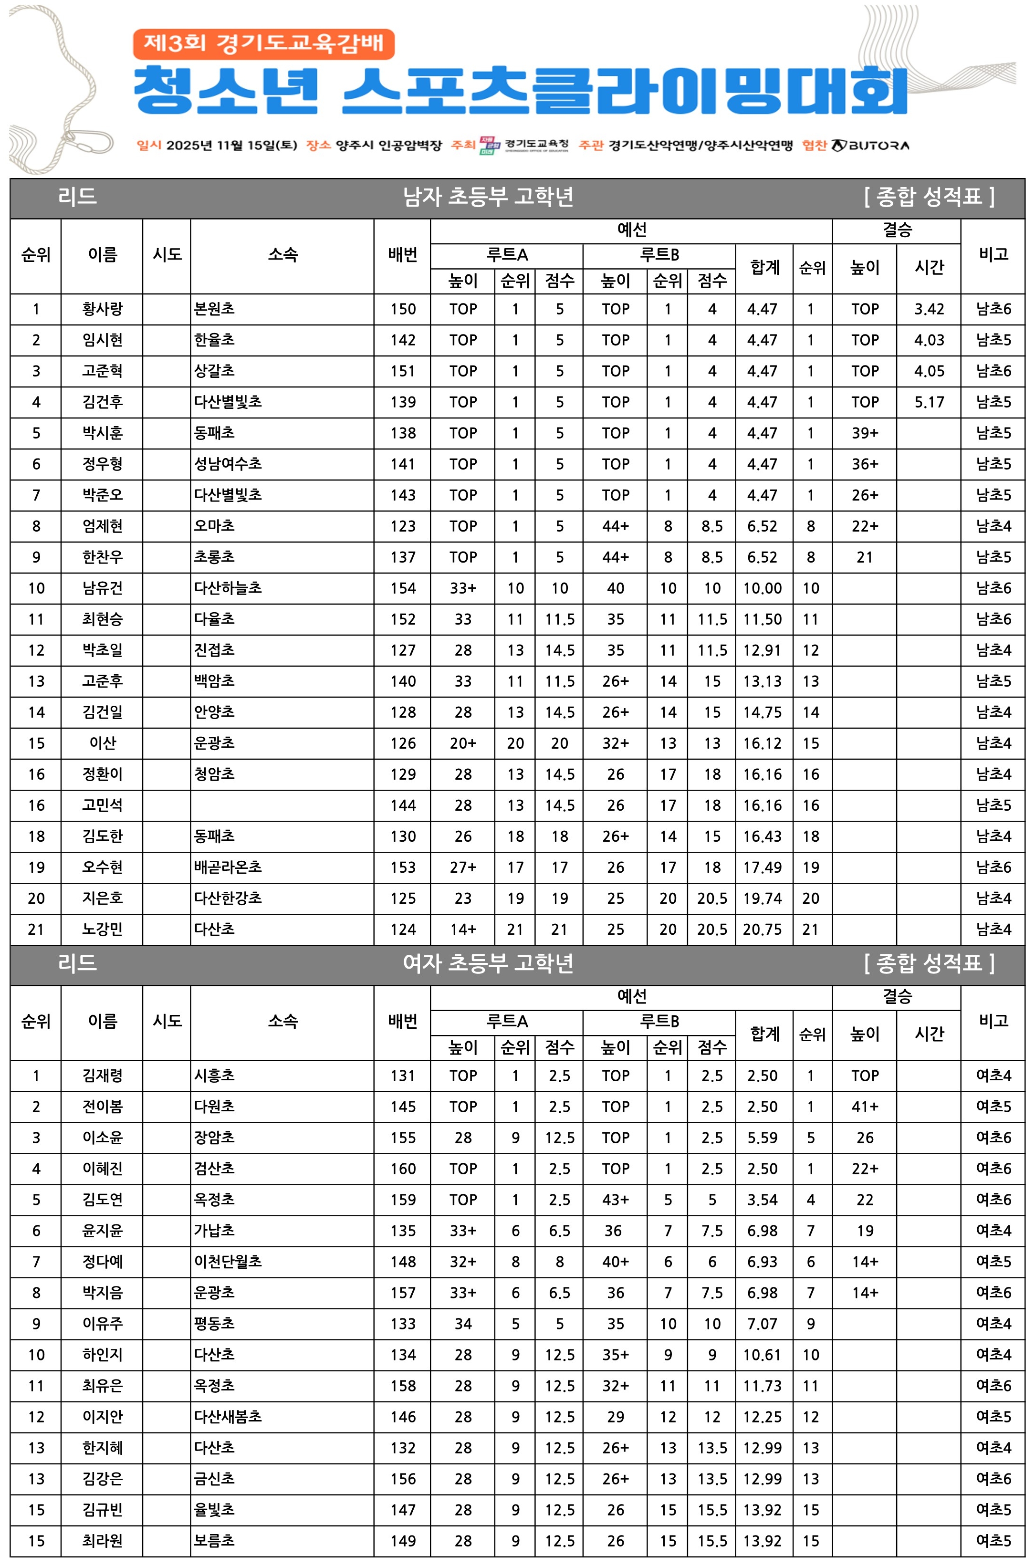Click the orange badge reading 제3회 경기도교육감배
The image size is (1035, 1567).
point(263,44)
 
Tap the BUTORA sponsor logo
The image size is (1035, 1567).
point(870,145)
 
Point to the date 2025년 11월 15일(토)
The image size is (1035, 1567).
point(231,145)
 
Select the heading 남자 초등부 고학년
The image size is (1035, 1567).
point(488,197)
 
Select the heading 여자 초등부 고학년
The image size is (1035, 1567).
point(488,963)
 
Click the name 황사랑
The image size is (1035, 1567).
point(102,309)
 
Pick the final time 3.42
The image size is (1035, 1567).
point(929,309)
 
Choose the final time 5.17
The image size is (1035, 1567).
point(929,402)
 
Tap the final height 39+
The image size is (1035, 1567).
point(865,433)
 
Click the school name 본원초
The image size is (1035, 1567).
point(215,309)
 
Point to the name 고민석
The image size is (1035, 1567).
point(102,805)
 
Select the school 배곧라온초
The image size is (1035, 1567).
point(228,867)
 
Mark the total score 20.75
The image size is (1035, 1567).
point(763,930)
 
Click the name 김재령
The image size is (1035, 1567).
point(102,1076)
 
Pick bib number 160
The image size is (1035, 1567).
point(403,1169)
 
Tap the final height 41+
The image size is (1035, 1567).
point(865,1107)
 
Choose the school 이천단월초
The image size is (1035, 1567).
point(228,1262)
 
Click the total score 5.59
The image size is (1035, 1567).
point(763,1138)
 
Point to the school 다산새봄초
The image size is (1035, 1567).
point(228,1417)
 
